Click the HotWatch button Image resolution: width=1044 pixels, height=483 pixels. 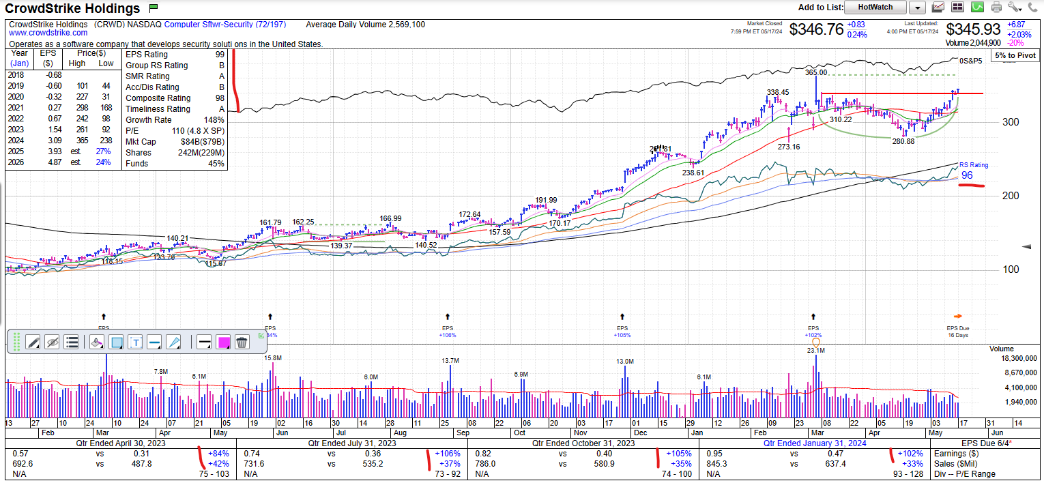click(x=875, y=8)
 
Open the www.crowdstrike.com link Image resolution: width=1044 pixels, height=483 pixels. click(x=48, y=33)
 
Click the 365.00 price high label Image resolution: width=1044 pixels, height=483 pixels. click(x=816, y=72)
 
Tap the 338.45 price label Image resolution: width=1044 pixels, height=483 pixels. click(x=777, y=92)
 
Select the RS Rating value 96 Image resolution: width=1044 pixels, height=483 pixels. click(x=967, y=176)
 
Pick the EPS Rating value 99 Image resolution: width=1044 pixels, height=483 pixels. click(x=219, y=55)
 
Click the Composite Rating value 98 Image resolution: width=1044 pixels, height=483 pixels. click(x=219, y=98)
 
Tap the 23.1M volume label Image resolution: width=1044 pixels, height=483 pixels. click(x=815, y=350)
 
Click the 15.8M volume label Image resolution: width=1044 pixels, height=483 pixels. click(x=273, y=357)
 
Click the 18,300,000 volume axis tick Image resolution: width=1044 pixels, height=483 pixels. click(x=1015, y=359)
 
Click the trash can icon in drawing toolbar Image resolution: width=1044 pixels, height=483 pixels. click(x=241, y=342)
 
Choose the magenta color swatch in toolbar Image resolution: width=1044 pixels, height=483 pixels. click(x=223, y=342)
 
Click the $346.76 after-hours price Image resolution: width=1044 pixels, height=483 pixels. click(x=816, y=29)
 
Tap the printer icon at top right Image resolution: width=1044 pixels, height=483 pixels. click(x=996, y=8)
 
